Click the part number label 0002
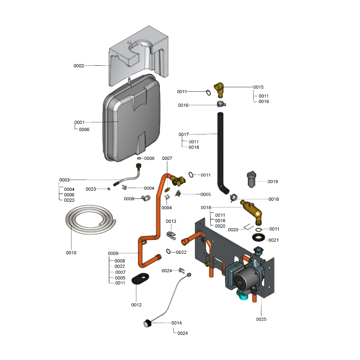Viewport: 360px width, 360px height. point(79,66)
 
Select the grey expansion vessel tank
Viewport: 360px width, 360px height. point(133,124)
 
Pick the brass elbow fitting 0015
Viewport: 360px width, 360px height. point(220,89)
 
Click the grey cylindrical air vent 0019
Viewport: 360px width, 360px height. point(251,180)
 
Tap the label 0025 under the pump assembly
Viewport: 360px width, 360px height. point(261,319)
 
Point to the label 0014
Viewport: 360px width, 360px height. point(176,323)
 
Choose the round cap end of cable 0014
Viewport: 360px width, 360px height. point(147,322)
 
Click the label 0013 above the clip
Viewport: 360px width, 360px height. point(171,221)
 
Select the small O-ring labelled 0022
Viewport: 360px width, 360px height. point(168,251)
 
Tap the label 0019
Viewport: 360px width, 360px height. point(273,182)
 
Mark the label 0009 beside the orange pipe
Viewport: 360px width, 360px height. point(113,253)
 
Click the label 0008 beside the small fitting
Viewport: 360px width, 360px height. point(129,198)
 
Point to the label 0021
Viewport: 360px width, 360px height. point(274,240)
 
